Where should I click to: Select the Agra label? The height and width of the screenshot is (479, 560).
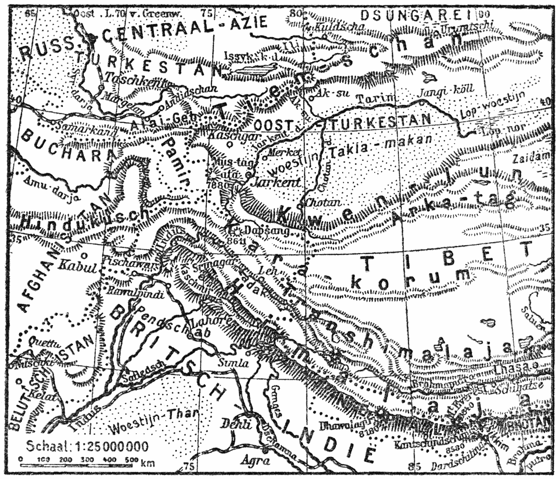253,461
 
